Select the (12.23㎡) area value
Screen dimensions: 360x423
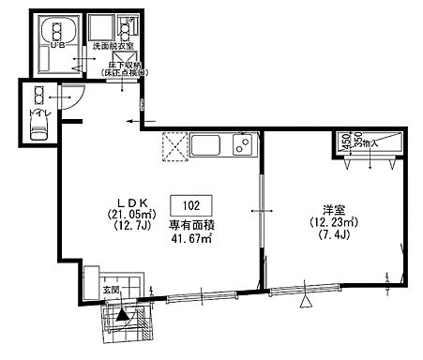point(330,223)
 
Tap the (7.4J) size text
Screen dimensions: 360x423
point(330,237)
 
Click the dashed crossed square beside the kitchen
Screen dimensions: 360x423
point(174,146)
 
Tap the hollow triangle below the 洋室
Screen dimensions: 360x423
point(304,302)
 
